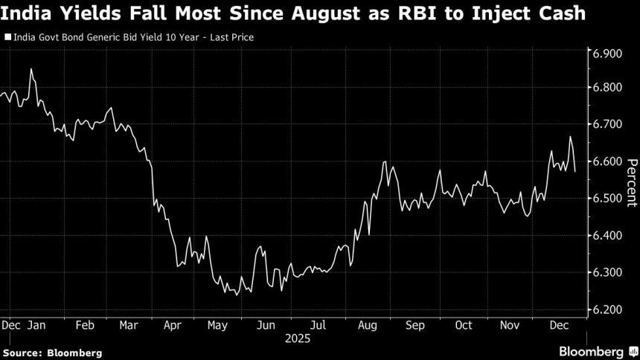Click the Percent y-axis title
[x=630, y=181]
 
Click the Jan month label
[x=38, y=325]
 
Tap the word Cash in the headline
[x=564, y=14]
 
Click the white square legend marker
[x=7, y=36]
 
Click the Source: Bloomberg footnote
[x=52, y=352]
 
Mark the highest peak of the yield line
[x=31, y=69]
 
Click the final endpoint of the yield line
[x=575, y=171]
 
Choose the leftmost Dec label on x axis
[x=11, y=325]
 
